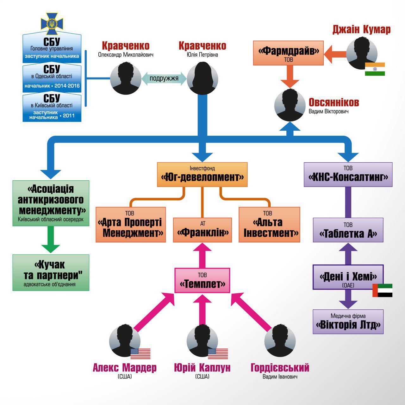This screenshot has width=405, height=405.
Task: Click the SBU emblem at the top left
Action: pyautogui.click(x=52, y=24)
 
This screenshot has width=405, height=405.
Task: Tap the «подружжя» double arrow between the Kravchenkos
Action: pyautogui.click(x=164, y=78)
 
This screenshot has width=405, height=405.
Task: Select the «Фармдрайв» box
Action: pyautogui.click(x=288, y=53)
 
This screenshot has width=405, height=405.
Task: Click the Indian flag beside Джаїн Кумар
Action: pyautogui.click(x=375, y=69)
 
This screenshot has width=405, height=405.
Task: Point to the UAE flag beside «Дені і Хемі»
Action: pyautogui.click(x=382, y=290)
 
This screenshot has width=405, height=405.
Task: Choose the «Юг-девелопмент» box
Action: pyautogui.click(x=202, y=174)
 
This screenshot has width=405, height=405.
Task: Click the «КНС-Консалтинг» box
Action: pyautogui.click(x=348, y=174)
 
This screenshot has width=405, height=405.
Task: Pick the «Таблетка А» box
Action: pyautogui.click(x=348, y=230)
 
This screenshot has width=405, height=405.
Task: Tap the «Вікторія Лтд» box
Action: pyautogui.click(x=348, y=321)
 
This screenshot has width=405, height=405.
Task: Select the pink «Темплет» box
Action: pyautogui.click(x=202, y=280)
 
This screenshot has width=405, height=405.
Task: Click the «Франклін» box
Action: pyautogui.click(x=202, y=230)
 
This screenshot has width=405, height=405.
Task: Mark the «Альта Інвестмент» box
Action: pyautogui.click(x=269, y=225)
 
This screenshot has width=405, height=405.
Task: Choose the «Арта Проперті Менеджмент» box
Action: pyautogui.click(x=131, y=225)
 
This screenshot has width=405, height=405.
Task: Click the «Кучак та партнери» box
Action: pyautogui.click(x=51, y=272)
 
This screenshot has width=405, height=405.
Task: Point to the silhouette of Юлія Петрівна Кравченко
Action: pyautogui.click(x=202, y=78)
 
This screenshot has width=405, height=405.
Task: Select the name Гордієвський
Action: pyautogui.click(x=280, y=368)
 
